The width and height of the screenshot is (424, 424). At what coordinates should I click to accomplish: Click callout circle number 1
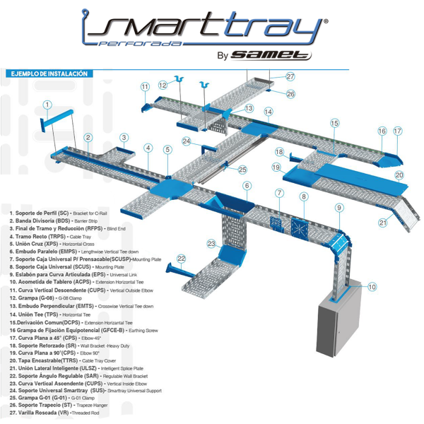tap(47, 105)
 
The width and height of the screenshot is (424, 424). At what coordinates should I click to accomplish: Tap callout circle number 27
tap(290, 76)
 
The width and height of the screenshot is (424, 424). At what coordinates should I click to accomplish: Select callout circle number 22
tap(182, 259)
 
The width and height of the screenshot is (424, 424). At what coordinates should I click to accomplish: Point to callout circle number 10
tap(372, 287)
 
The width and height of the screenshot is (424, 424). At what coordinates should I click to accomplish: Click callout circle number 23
tap(211, 243)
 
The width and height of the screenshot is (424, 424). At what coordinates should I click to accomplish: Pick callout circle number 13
tap(249, 109)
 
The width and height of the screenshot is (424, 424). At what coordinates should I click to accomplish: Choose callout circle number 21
tap(382, 223)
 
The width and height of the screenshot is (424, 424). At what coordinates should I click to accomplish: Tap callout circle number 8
tap(304, 196)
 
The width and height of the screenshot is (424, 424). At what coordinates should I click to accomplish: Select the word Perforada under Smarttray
tap(148, 44)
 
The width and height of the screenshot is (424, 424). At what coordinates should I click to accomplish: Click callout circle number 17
tap(398, 131)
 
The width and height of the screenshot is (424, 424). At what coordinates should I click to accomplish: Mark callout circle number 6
tap(247, 186)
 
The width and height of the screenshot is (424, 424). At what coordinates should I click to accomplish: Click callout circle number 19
tap(276, 167)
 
